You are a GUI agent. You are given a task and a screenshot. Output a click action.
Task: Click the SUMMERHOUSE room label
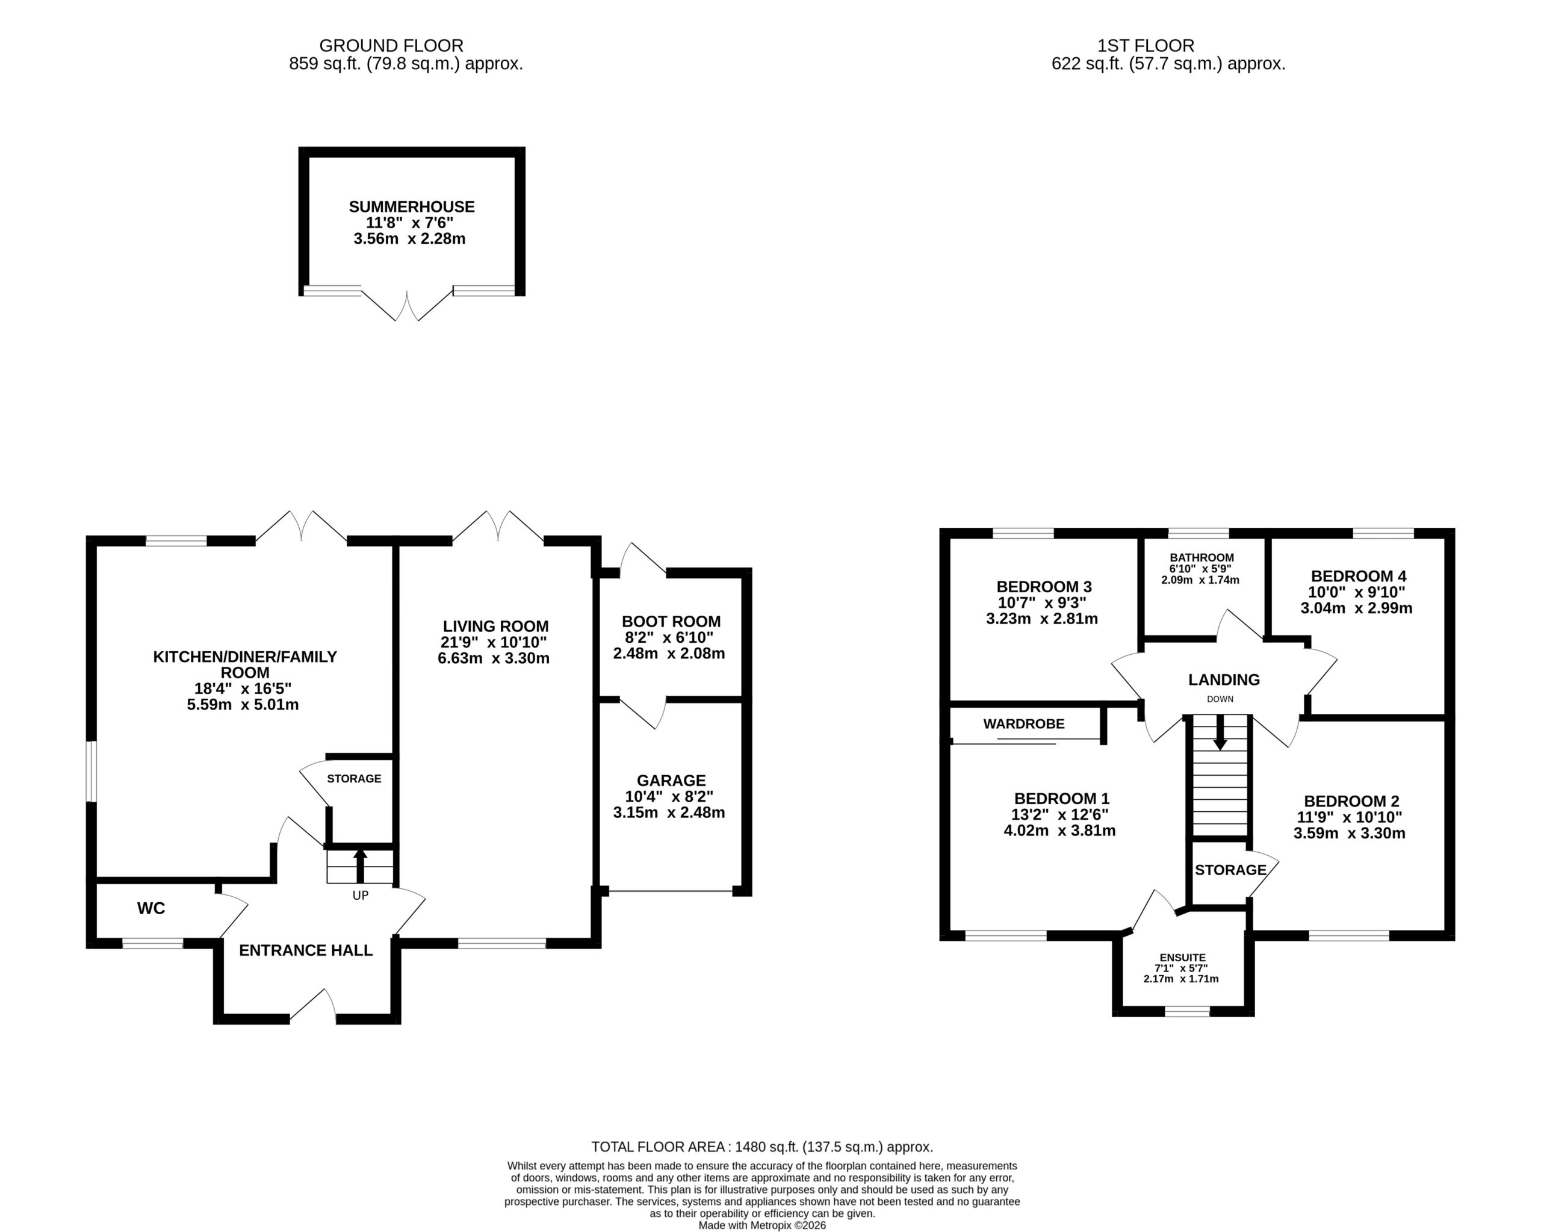(x=412, y=206)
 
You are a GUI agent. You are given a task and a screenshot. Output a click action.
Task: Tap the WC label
(x=151, y=908)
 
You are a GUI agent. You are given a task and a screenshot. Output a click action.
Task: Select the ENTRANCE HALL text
(x=306, y=950)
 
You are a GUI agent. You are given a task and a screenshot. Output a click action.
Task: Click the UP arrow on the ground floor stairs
(x=360, y=866)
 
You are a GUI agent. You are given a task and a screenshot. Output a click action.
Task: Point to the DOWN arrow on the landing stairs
(x=1220, y=732)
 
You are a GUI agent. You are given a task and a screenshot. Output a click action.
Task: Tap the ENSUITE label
(x=1183, y=958)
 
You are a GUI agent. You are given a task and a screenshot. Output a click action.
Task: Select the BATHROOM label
(x=1201, y=557)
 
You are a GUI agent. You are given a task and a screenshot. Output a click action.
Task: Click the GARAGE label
(x=671, y=781)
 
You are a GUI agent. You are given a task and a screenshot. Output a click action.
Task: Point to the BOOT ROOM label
(x=671, y=622)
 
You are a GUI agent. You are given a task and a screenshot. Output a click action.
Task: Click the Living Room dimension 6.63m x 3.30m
(x=494, y=658)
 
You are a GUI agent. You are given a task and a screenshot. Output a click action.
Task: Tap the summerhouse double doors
(x=407, y=305)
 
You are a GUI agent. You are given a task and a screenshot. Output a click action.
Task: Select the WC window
(x=153, y=943)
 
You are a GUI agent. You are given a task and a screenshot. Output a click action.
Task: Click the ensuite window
(x=1187, y=1011)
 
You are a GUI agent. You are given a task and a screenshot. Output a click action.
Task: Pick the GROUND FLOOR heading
(x=391, y=46)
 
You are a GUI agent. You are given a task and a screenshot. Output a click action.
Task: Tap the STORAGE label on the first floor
(x=1230, y=870)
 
